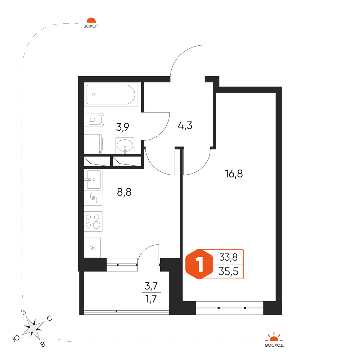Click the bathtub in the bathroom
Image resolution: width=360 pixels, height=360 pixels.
(111, 94)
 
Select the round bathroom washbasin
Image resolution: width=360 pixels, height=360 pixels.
(125, 145)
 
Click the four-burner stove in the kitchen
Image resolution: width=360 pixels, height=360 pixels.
(93, 221)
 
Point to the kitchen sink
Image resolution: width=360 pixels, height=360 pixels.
(93, 179)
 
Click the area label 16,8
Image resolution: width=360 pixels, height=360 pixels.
(234, 174)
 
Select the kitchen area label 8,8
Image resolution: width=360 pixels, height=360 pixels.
(124, 192)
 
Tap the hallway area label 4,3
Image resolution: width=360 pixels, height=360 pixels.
(185, 126)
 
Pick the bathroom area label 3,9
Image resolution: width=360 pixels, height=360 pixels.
(123, 127)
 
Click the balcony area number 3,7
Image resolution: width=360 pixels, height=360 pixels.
(151, 286)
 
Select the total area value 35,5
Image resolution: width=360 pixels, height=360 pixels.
(229, 271)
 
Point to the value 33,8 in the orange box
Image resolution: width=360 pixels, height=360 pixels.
(229, 257)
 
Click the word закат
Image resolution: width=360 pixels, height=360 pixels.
(91, 26)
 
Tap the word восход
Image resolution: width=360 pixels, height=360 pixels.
(274, 345)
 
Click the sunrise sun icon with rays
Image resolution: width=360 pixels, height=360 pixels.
(274, 337)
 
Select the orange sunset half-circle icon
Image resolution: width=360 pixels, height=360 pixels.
(91, 20)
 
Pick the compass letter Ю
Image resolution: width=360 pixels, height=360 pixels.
(16, 338)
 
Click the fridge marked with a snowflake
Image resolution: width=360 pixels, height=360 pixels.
(93, 248)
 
